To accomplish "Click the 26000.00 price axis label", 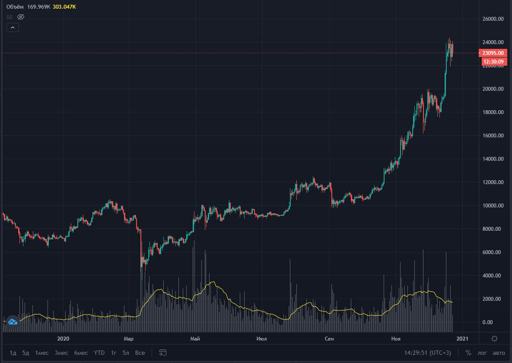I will point(493,19).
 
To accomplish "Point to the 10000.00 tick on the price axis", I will point(493,206).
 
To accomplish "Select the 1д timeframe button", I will point(13,353).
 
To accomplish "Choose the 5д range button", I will point(26,353).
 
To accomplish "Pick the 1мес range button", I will point(42,353).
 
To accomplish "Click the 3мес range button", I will point(62,353).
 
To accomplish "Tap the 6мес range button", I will point(81,353).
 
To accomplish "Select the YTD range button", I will point(99,353).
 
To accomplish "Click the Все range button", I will point(140,353).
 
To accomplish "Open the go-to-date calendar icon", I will point(163,353).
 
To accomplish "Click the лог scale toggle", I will point(483,353).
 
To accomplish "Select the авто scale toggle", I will point(499,353).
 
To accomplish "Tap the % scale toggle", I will point(468,353).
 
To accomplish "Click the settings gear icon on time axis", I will point(495,338).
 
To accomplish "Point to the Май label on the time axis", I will point(195,339).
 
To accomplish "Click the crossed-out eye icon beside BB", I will point(21,17).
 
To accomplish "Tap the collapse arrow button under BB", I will point(13,28).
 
